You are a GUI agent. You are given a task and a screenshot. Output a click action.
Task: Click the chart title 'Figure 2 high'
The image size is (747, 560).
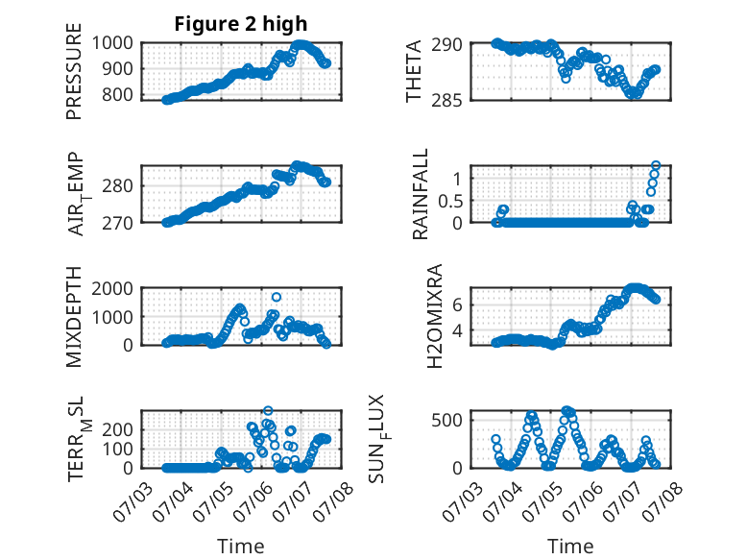[241, 24]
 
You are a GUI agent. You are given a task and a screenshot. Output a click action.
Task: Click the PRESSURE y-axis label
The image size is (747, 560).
[74, 71]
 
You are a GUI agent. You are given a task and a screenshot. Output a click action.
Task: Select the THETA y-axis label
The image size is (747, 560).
[414, 71]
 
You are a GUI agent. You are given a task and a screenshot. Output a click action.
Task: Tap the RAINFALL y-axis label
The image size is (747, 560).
[421, 194]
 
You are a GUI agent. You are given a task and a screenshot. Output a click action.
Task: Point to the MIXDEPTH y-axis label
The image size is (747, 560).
[74, 317]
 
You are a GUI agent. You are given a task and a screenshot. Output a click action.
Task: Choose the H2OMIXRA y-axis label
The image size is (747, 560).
[435, 316]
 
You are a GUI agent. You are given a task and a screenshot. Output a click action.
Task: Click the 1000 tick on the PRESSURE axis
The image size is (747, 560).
[112, 43]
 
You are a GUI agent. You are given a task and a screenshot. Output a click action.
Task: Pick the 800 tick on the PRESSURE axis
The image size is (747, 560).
[117, 94]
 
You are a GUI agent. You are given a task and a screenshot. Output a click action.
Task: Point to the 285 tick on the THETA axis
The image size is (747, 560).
[446, 100]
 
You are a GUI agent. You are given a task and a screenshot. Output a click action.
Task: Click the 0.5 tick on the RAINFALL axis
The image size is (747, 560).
[450, 201]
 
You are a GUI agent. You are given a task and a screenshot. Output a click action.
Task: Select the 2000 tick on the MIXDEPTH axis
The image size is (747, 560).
[112, 288]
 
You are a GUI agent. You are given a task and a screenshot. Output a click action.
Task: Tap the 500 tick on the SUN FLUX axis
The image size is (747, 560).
[446, 420]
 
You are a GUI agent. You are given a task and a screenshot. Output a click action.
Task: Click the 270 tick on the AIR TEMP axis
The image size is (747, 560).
[117, 223]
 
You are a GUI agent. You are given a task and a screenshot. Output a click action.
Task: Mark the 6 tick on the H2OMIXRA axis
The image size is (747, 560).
[457, 304]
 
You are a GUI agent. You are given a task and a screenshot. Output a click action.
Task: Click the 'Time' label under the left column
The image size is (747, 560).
[241, 546]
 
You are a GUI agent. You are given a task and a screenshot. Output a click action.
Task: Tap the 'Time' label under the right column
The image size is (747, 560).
[570, 546]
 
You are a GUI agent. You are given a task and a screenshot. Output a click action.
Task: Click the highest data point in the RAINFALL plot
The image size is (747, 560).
[656, 165]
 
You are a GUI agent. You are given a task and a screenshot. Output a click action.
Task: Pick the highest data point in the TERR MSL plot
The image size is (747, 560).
[268, 410]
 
